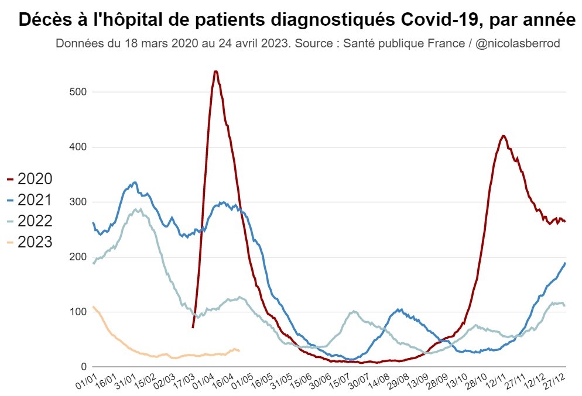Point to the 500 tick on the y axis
coord(78,92)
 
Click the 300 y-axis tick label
coord(78,202)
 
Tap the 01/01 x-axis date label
coord(85,383)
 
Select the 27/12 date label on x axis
coord(557,383)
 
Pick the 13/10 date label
coord(461,383)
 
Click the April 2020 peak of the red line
coord(215,71)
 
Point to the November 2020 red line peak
coord(504,136)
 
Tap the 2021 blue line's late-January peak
coord(135,182)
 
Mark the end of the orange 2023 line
coord(239,350)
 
